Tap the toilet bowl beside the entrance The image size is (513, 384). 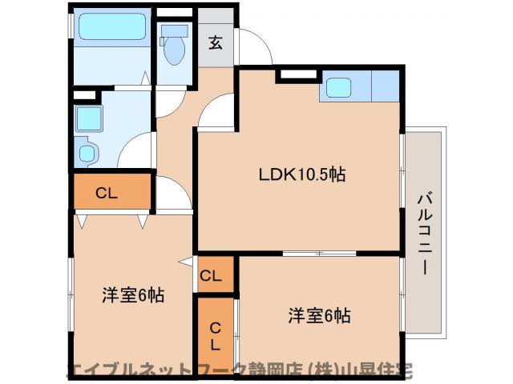[172, 50]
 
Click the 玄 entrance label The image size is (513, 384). [216, 42]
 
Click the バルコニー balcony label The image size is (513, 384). [425, 232]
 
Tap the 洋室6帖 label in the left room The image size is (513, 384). [132, 295]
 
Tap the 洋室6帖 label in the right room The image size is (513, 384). [319, 314]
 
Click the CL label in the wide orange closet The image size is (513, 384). [106, 192]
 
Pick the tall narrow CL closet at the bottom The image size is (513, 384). [215, 336]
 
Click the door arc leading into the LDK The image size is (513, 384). [215, 112]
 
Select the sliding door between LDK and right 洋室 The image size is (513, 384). [319, 254]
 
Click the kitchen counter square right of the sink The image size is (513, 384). [384, 86]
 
